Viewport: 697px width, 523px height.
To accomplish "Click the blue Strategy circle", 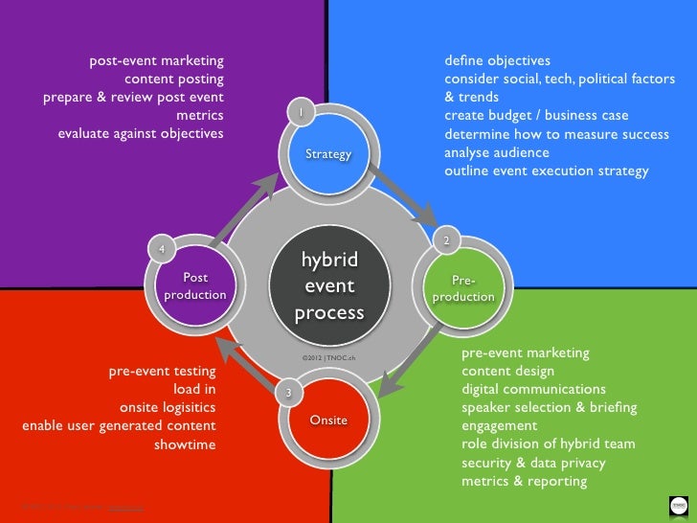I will click(328, 153).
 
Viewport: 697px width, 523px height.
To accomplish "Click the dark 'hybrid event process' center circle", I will click(328, 285).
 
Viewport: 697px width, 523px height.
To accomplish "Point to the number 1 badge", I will click(300, 112).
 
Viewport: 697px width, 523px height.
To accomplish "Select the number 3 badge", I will click(288, 394).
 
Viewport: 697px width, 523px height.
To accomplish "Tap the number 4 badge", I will click(162, 249).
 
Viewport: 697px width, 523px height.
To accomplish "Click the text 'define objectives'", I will click(497, 60).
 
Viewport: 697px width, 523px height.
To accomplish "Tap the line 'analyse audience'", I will click(496, 152).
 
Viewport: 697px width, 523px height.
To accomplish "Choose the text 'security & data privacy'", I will click(533, 463).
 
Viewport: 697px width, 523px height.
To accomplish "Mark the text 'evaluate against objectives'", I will click(141, 134).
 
